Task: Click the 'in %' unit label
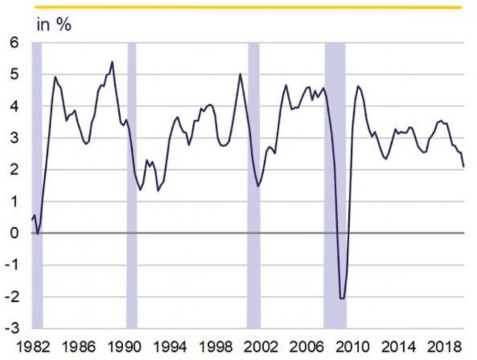pos(54,25)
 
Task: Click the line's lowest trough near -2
pos(342,298)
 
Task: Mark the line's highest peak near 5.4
pos(112,62)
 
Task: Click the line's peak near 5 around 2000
pos(240,74)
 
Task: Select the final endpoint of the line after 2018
pos(464,167)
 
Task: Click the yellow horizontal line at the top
pos(248,7)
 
